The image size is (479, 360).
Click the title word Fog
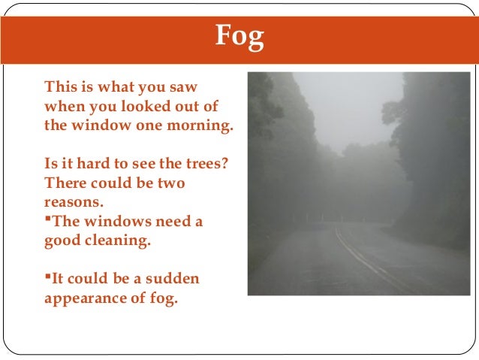pos(239,35)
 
